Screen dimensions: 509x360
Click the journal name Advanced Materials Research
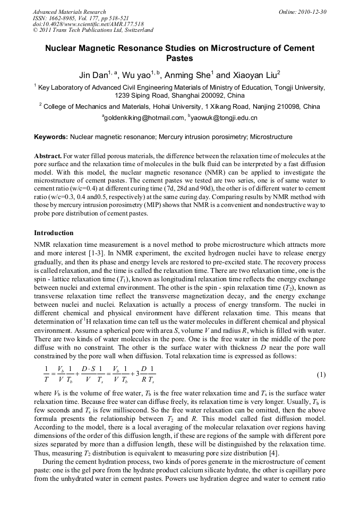click(x=69, y=12)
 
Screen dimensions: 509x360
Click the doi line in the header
click(x=88, y=24)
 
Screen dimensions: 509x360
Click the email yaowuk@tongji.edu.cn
click(x=225, y=117)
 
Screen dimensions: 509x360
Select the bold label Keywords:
click(x=51, y=137)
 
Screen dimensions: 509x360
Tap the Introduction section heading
click(x=54, y=233)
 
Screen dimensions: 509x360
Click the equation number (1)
click(x=321, y=375)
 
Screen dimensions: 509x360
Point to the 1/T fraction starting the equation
click(x=46, y=375)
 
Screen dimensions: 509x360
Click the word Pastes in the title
click(x=179, y=58)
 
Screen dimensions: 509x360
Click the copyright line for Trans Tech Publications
click(x=93, y=30)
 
